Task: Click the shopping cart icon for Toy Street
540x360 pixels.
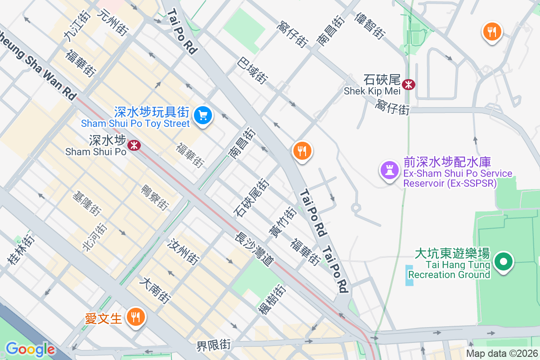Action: pyautogui.click(x=203, y=116)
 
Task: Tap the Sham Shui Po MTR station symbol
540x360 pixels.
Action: pyautogui.click(x=133, y=145)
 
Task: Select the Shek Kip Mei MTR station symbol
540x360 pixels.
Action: pyautogui.click(x=409, y=84)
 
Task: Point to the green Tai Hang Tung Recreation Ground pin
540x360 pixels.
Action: pyautogui.click(x=504, y=261)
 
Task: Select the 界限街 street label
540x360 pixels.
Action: pyautogui.click(x=214, y=346)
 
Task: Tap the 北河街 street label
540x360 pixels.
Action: pyautogui.click(x=94, y=237)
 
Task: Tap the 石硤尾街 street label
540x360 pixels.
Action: pyautogui.click(x=252, y=197)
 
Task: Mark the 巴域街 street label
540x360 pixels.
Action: pyautogui.click(x=252, y=70)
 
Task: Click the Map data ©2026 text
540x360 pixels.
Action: pyautogui.click(x=502, y=354)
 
